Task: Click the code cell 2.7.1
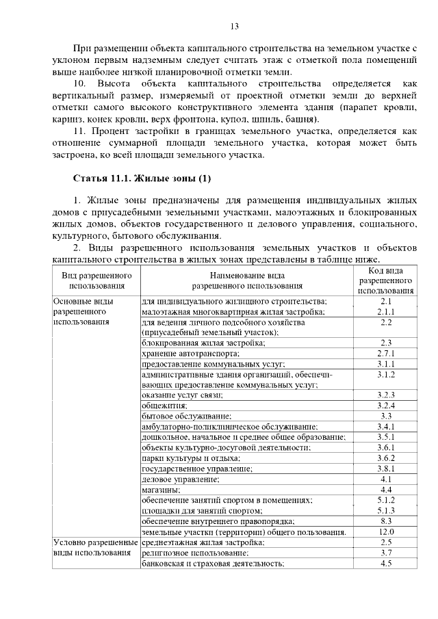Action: [x=385, y=354]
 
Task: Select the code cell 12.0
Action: [x=385, y=531]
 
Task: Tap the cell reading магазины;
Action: [x=162, y=490]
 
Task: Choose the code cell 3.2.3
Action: [x=385, y=395]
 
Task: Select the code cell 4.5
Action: [x=385, y=564]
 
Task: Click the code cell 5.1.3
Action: [x=385, y=510]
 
